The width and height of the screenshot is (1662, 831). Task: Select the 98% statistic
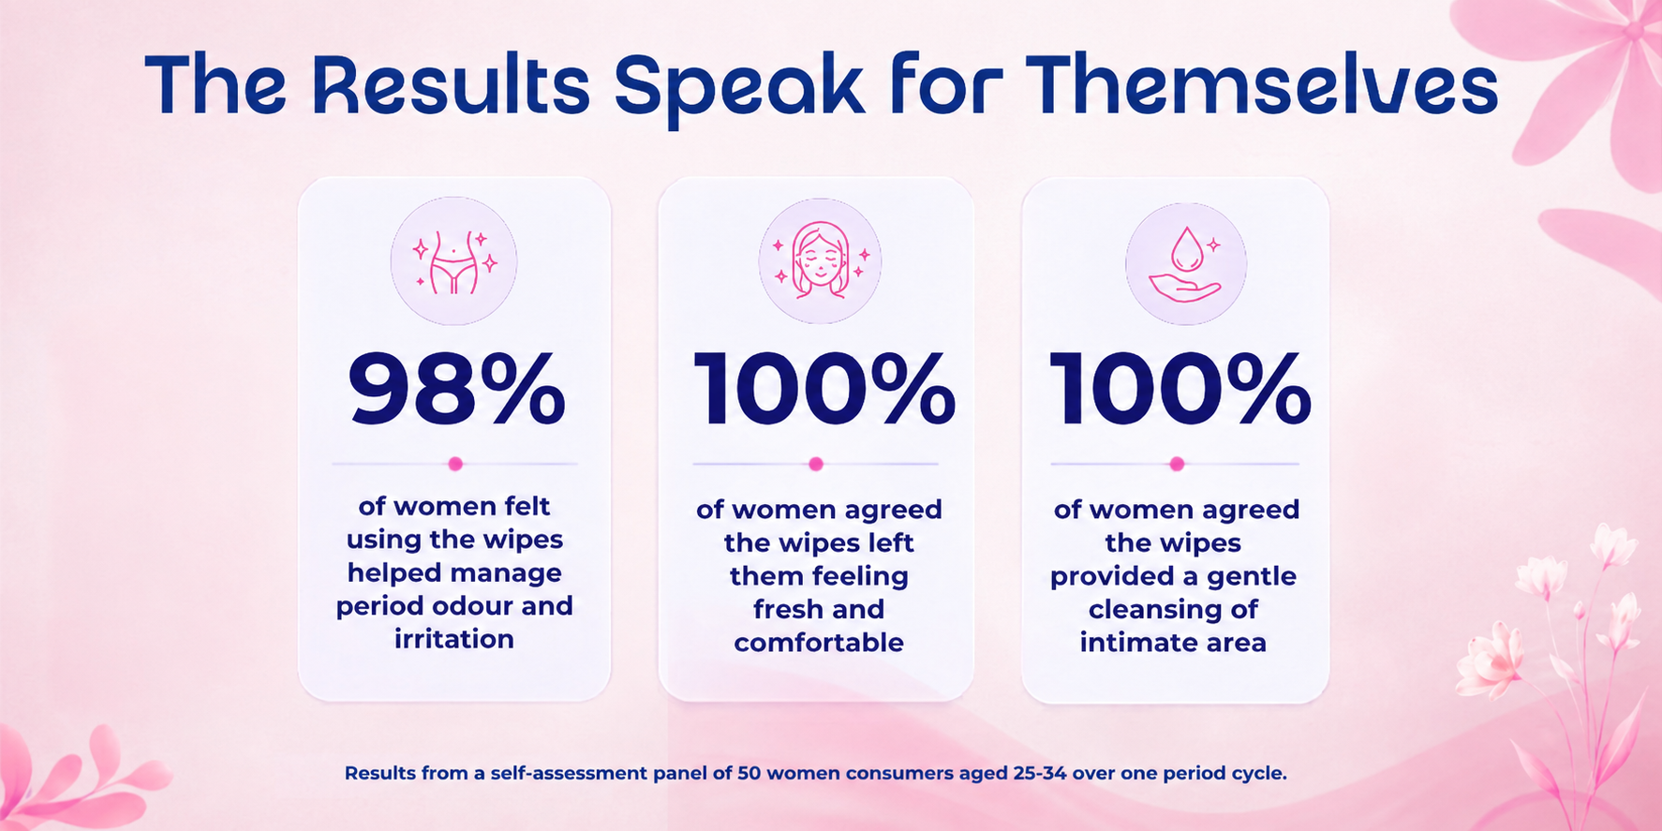pyautogui.click(x=457, y=390)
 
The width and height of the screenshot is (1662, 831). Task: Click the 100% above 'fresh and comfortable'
pyautogui.click(x=824, y=390)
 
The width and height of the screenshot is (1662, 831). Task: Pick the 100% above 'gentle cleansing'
pyautogui.click(x=1180, y=390)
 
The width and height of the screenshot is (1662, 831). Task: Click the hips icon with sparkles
pyautogui.click(x=454, y=261)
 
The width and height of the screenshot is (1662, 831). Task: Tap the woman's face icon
pyautogui.click(x=820, y=261)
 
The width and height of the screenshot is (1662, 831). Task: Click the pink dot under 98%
pyautogui.click(x=455, y=464)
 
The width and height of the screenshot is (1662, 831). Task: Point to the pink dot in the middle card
pyautogui.click(x=816, y=464)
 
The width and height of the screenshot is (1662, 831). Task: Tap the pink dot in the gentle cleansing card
pyautogui.click(x=1178, y=464)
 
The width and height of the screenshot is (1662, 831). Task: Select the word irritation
pyautogui.click(x=454, y=639)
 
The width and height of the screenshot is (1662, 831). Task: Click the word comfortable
pyautogui.click(x=819, y=643)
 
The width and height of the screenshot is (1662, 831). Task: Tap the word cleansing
pyautogui.click(x=1154, y=610)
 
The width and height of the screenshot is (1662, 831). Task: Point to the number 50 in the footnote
pyautogui.click(x=749, y=774)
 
